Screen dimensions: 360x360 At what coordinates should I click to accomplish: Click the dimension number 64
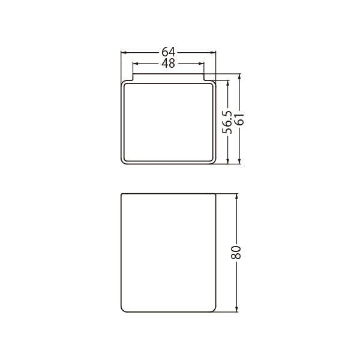(168, 52)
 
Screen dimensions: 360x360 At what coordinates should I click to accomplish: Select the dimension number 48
(168, 64)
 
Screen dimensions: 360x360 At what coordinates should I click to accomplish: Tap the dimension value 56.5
(227, 122)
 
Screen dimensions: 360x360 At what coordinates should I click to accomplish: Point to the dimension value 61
(239, 119)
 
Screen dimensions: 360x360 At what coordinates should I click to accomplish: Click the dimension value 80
(236, 253)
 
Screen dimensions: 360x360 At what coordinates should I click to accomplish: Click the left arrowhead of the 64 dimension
(124, 53)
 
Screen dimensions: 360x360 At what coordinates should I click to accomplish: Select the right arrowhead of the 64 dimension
(213, 53)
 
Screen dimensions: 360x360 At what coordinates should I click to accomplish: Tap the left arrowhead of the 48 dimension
(136, 64)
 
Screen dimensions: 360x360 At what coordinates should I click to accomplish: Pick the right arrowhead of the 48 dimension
(201, 64)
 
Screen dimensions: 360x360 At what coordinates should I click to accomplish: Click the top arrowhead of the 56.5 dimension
(228, 83)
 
